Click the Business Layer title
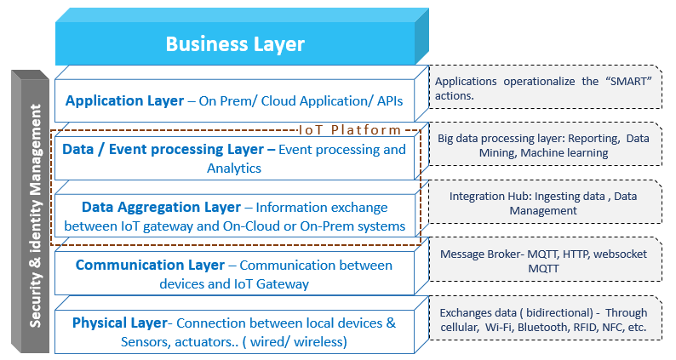tap(234, 43)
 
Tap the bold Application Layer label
tap(124, 100)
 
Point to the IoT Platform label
tap(349, 130)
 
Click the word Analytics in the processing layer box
tap(235, 168)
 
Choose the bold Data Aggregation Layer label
tap(162, 207)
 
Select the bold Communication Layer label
tap(150, 266)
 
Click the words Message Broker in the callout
tap(480, 254)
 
